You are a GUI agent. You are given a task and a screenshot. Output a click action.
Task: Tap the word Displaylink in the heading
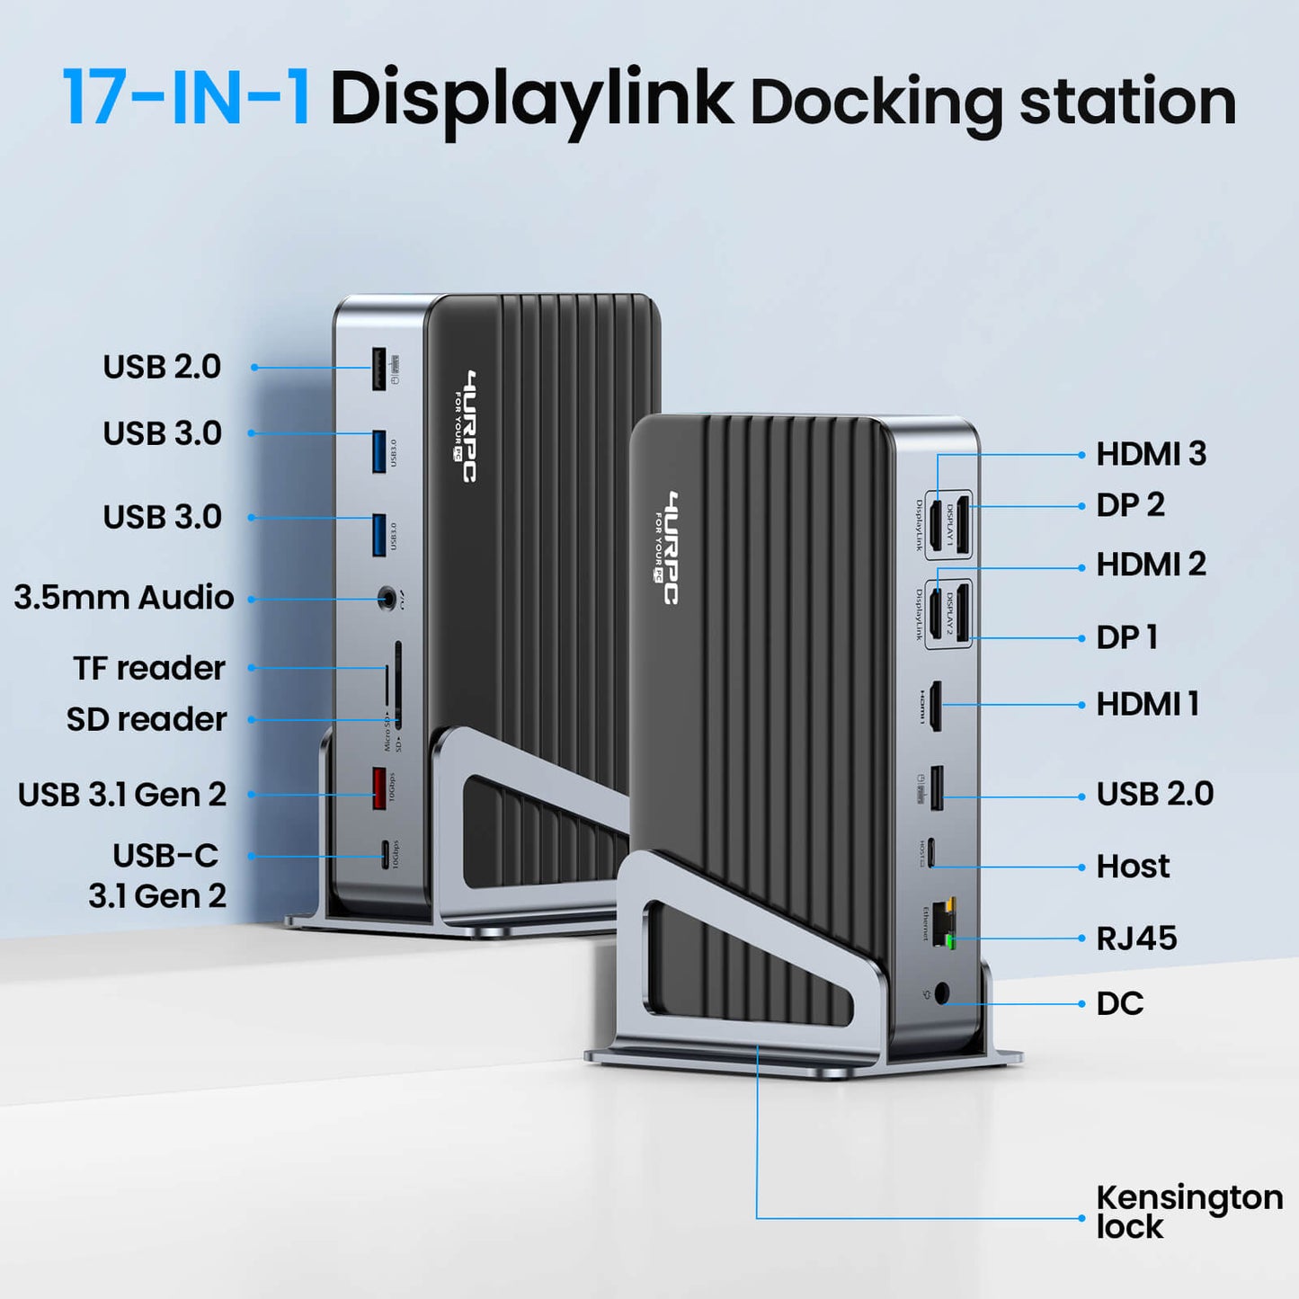pyautogui.click(x=530, y=99)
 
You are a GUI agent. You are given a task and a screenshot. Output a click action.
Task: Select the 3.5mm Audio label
pyautogui.click(x=124, y=598)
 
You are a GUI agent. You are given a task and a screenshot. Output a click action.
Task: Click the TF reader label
pyautogui.click(x=149, y=668)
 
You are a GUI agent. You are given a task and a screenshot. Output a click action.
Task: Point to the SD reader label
pyautogui.click(x=147, y=719)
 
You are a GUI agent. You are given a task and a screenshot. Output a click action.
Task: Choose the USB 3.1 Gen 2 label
pyautogui.click(x=122, y=795)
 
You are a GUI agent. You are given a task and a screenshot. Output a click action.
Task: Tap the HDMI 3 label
pyautogui.click(x=1151, y=454)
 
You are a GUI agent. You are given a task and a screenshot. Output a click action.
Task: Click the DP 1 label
pyautogui.click(x=1127, y=637)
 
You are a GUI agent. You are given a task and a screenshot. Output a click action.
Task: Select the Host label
pyautogui.click(x=1133, y=867)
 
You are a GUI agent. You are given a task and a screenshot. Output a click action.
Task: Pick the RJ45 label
pyautogui.click(x=1136, y=939)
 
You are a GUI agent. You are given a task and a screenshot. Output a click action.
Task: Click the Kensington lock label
pyautogui.click(x=1188, y=1212)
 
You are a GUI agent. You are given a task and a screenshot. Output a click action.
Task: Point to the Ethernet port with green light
pyautogui.click(x=944, y=923)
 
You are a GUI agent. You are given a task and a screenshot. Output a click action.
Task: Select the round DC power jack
pyautogui.click(x=942, y=993)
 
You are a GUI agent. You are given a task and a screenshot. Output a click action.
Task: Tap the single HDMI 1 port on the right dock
pyautogui.click(x=935, y=705)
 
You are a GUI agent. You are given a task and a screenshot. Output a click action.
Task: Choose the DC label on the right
pyautogui.click(x=1120, y=1003)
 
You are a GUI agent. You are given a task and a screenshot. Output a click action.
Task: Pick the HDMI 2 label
pyautogui.click(x=1151, y=565)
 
